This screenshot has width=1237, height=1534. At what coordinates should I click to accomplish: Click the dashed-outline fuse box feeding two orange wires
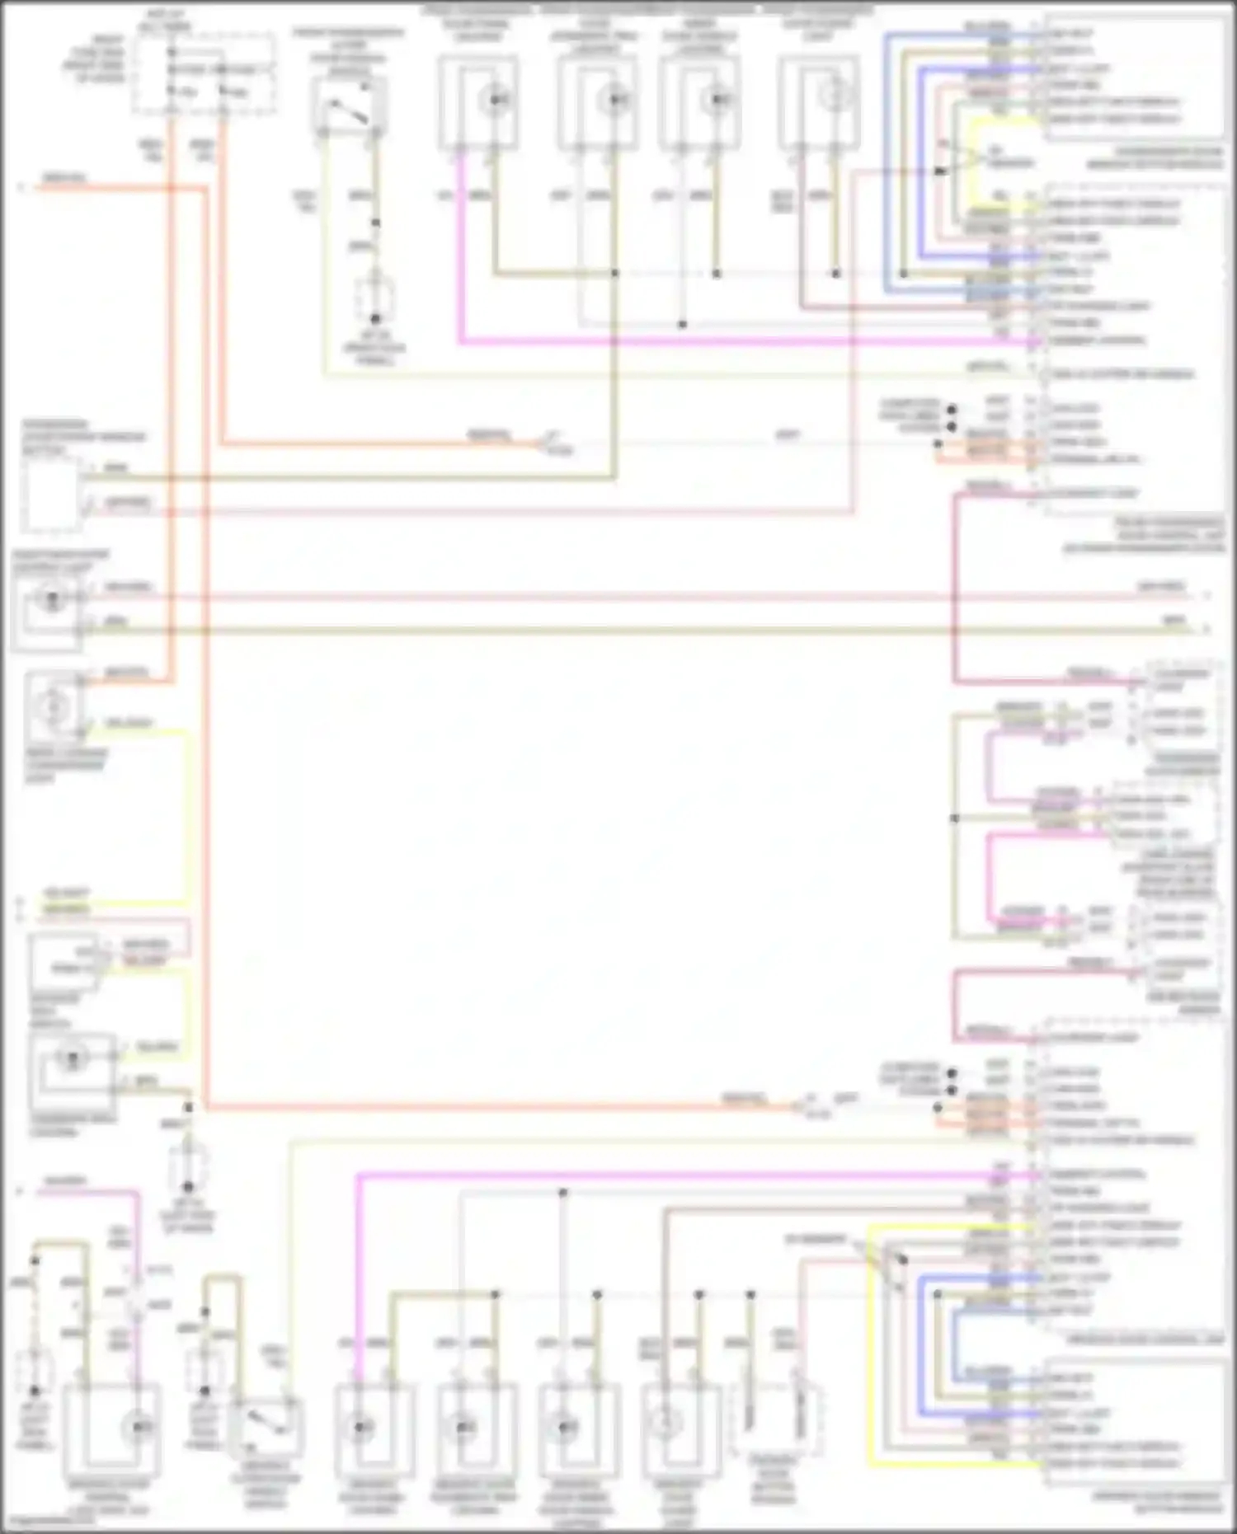point(204,74)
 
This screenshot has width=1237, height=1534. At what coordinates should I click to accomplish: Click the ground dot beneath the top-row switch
point(375,318)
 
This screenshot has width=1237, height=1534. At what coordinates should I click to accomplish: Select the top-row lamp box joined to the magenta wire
point(478,101)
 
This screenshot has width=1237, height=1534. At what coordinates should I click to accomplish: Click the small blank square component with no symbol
point(51,495)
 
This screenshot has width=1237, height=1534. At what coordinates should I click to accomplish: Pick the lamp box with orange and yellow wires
point(54,706)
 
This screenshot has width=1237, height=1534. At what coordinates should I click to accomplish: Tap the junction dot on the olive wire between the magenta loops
point(955,818)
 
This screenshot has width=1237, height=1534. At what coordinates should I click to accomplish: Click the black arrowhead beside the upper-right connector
point(941,171)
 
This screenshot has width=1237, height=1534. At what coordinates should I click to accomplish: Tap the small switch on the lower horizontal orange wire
point(804,1107)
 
